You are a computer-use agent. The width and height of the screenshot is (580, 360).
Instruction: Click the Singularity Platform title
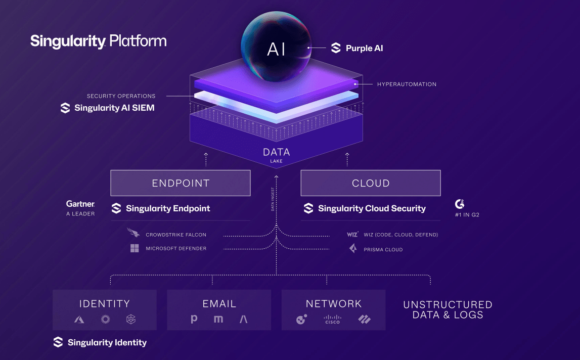pyautogui.click(x=98, y=41)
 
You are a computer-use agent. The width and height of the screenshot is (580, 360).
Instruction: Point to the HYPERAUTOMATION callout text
pyautogui.click(x=407, y=84)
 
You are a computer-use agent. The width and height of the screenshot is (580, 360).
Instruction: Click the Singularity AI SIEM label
pyautogui.click(x=114, y=108)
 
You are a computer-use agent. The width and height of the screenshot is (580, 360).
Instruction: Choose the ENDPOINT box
pyautogui.click(x=181, y=183)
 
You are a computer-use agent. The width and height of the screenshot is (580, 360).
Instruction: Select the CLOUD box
pyautogui.click(x=371, y=183)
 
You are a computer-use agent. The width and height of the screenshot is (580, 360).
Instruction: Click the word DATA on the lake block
pyautogui.click(x=276, y=152)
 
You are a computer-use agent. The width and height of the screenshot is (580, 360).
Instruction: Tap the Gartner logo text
pyautogui.click(x=80, y=204)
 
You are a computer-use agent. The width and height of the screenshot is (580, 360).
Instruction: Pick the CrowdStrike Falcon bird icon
pyautogui.click(x=134, y=234)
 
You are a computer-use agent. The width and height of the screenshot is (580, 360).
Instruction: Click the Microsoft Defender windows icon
pyautogui.click(x=135, y=248)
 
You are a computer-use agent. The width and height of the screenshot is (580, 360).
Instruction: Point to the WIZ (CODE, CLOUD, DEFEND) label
pyautogui.click(x=400, y=235)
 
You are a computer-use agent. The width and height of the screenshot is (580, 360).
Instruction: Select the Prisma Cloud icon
pyautogui.click(x=353, y=249)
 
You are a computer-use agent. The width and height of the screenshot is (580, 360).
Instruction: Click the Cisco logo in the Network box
pyautogui.click(x=333, y=319)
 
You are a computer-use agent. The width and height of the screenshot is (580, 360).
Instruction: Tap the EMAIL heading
pyautogui.click(x=219, y=304)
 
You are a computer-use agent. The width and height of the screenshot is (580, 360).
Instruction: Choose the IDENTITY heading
pyautogui.click(x=105, y=304)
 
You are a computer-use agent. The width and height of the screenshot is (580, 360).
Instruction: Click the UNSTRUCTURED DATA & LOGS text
pyautogui.click(x=448, y=309)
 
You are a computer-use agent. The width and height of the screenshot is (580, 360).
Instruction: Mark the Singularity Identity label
pyautogui.click(x=107, y=342)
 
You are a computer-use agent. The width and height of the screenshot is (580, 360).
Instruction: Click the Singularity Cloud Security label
pyautogui.click(x=372, y=208)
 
